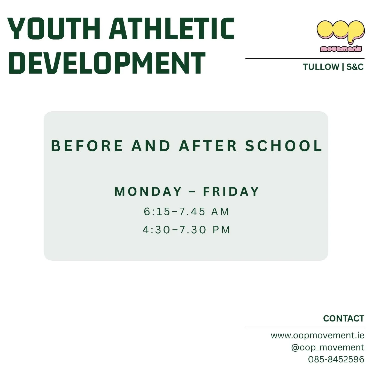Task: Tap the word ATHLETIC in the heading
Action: coord(172,29)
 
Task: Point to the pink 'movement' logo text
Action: coord(341,49)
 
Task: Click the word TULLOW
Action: coord(321,67)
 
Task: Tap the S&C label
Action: coord(355,67)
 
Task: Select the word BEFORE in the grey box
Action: coord(87,146)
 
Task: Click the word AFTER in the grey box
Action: coord(208,146)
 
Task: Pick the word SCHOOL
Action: coord(283,146)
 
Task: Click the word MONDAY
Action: coord(148,191)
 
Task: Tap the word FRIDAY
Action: coord(231,191)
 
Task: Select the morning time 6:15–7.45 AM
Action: coord(187,212)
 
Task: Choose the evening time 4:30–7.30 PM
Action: coord(187,230)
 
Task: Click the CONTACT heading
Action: coord(343,319)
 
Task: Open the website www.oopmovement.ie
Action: coord(317,335)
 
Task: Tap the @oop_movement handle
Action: coord(328,347)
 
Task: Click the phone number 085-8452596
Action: coord(336,359)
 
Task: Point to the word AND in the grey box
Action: coord(151,146)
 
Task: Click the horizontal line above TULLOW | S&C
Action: coord(305,59)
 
